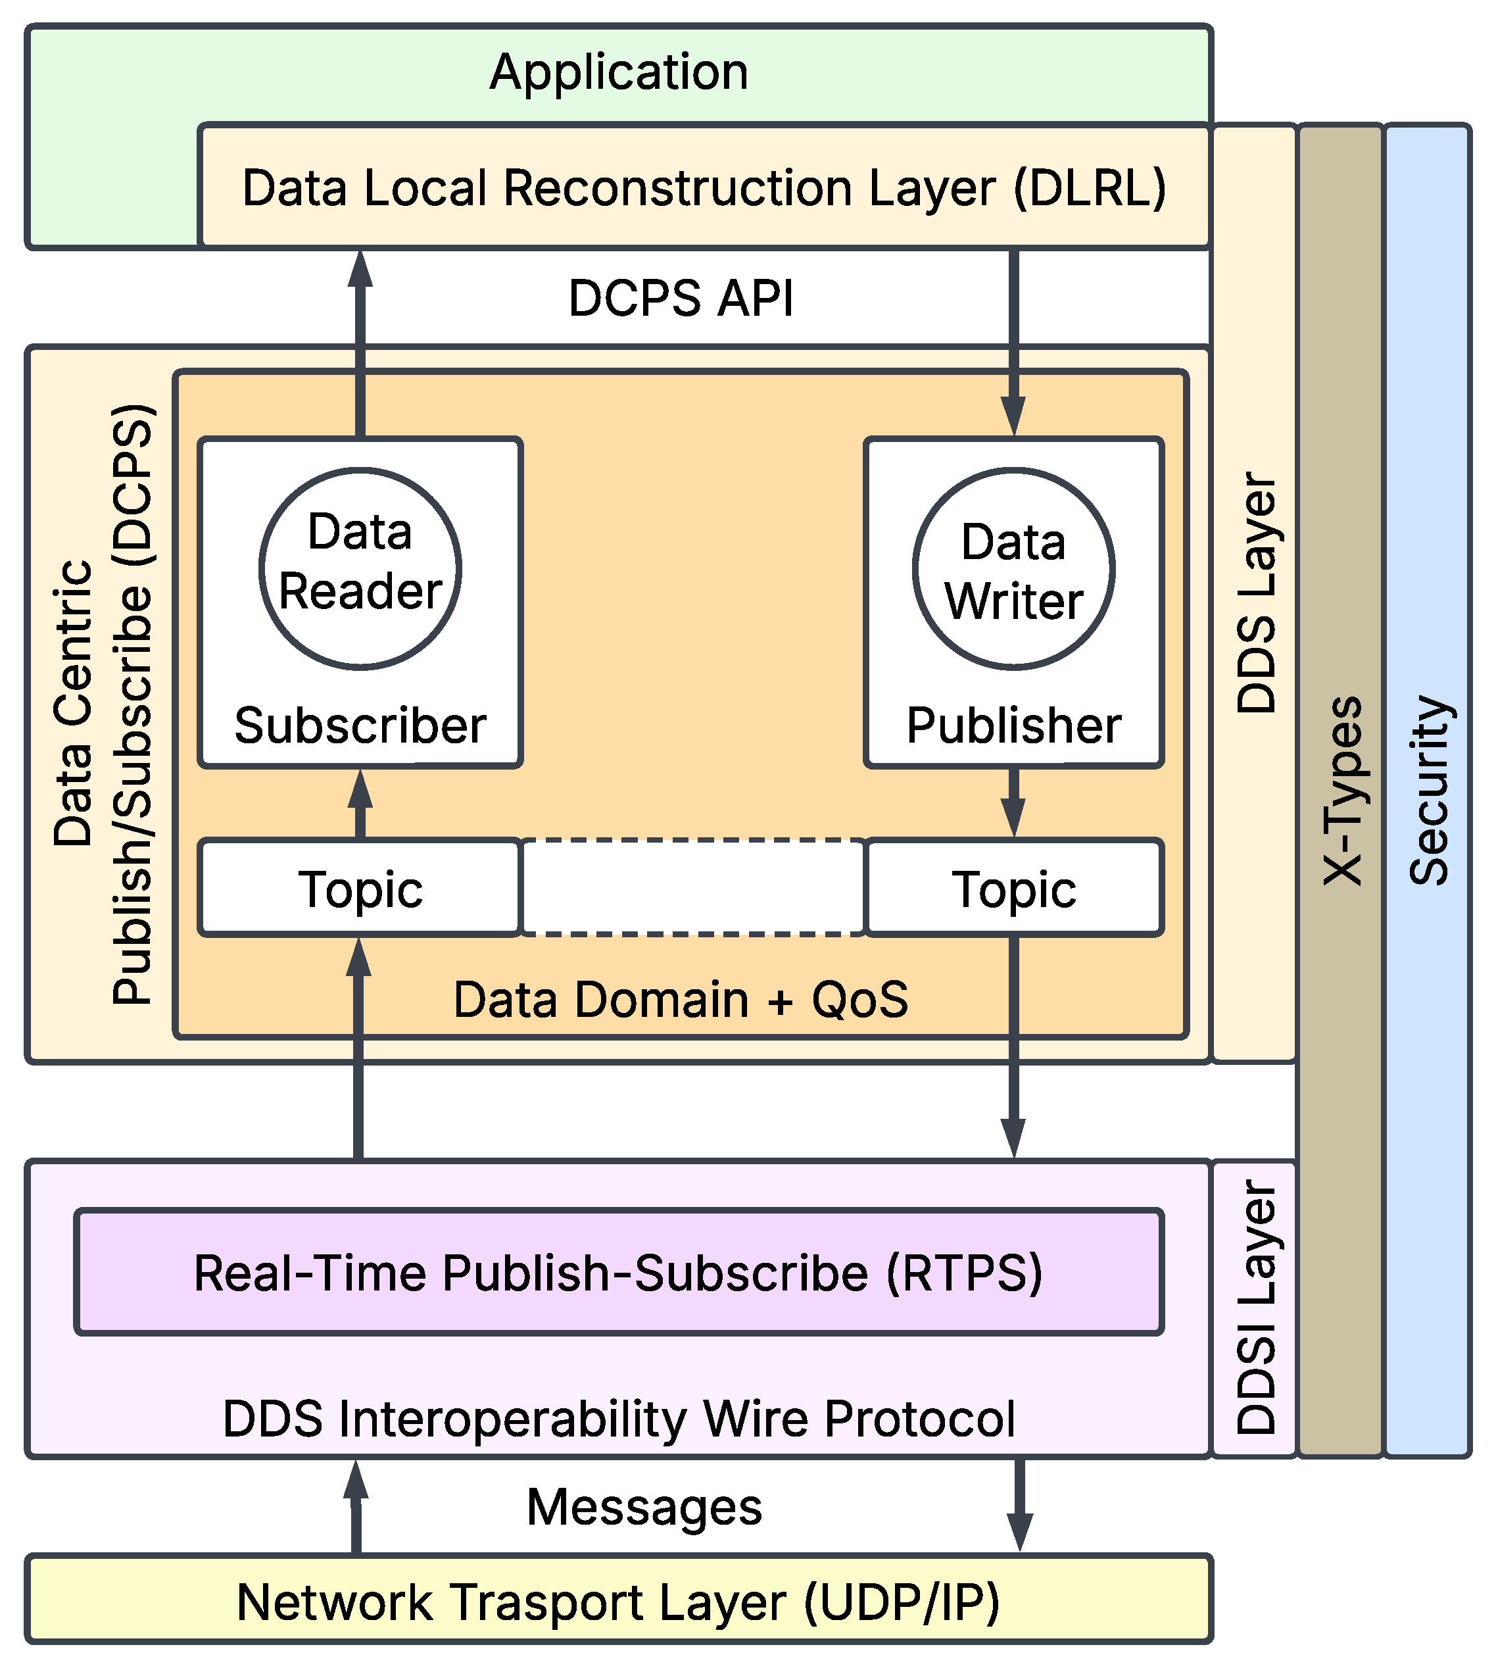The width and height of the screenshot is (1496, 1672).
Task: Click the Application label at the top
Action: (618, 72)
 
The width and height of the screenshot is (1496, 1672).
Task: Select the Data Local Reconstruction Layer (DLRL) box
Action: (704, 187)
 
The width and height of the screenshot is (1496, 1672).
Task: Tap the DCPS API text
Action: (681, 297)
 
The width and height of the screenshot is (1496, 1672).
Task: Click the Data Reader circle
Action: (360, 569)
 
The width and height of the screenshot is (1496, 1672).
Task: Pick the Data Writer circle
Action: (1013, 570)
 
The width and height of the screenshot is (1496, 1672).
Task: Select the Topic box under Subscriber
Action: (360, 889)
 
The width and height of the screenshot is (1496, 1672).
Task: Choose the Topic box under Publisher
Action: (1013, 889)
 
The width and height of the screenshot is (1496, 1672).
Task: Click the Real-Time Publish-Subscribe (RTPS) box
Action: (618, 1273)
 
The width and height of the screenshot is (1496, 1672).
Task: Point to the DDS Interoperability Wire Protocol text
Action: (618, 1419)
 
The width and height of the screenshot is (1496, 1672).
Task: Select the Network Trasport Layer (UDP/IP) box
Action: (618, 1602)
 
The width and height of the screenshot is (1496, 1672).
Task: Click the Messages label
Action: (644, 1508)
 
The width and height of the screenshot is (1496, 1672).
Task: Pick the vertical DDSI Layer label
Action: (1255, 1307)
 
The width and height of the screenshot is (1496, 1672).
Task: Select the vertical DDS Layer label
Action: (1255, 592)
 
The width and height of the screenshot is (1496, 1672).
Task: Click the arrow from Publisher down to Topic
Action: (1013, 802)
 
